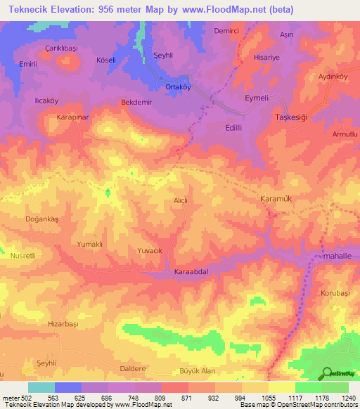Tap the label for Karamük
(276, 199)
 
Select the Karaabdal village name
(192, 271)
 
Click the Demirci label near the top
(226, 32)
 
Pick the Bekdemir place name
(136, 103)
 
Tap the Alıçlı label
(181, 201)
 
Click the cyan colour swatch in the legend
(41, 387)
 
